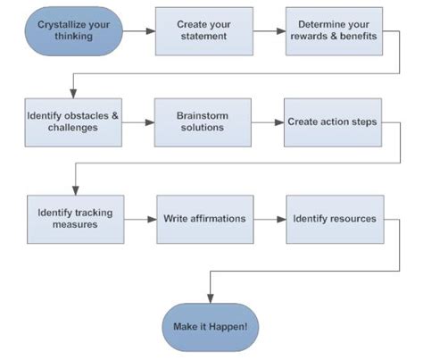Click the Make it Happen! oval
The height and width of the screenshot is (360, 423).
[211, 326]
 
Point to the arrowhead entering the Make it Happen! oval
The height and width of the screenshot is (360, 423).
[211, 298]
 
